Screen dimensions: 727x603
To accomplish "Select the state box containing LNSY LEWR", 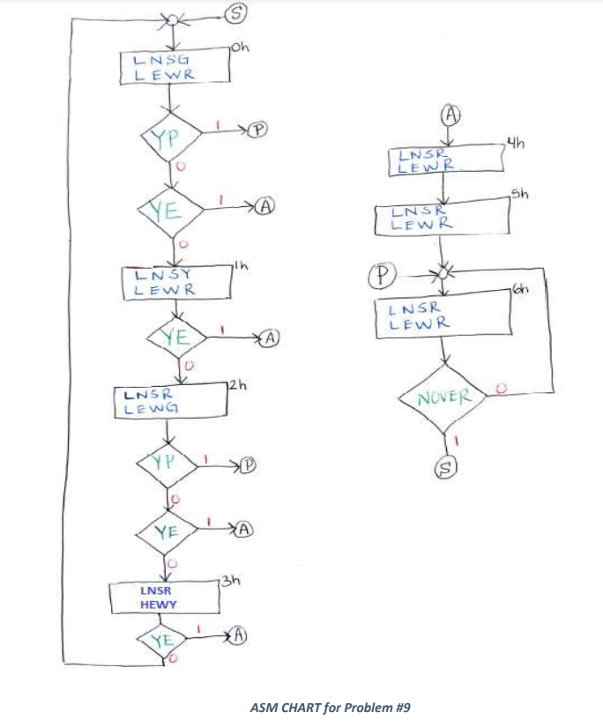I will click(175, 283).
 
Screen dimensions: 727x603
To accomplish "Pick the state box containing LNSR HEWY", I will click(164, 598).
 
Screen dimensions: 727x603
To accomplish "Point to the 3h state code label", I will click(230, 580).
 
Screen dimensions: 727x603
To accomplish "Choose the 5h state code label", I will click(522, 195).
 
